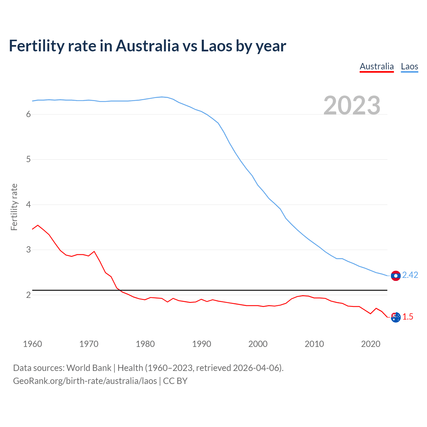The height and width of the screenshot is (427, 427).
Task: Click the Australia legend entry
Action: point(377,66)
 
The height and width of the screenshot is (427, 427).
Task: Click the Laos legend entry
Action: point(409,66)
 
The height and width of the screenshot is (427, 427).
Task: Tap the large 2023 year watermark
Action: point(352,105)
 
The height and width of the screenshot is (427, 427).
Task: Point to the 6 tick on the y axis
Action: point(28,114)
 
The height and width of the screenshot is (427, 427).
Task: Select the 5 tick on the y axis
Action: point(28,159)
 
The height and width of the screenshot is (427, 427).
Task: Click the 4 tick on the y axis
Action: point(28,204)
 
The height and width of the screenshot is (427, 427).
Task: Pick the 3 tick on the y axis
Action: point(28,250)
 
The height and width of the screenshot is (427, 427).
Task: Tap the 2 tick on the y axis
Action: point(28,295)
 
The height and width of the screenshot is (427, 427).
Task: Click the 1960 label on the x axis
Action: point(32,344)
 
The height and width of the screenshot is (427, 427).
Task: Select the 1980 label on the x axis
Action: point(145,344)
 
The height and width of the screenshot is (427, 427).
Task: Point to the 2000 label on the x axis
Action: point(258,344)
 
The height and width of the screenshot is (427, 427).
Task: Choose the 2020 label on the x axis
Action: point(371,344)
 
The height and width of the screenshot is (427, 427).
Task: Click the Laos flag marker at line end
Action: point(396,276)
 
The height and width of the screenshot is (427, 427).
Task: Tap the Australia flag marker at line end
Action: point(396,318)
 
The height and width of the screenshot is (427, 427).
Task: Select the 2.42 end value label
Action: point(410,275)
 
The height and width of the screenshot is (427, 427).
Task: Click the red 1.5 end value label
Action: point(408,317)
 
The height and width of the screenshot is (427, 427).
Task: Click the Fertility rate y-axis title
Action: point(14,207)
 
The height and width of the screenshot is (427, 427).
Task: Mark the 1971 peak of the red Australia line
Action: point(94,252)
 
